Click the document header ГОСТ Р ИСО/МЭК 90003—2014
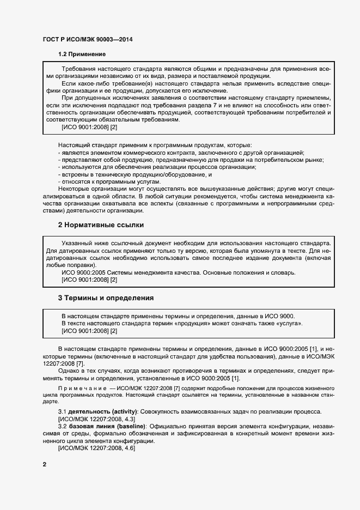tap(87, 39)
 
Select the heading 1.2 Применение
tap(82, 54)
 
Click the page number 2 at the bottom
tap(45, 464)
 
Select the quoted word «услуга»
tap(289, 324)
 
